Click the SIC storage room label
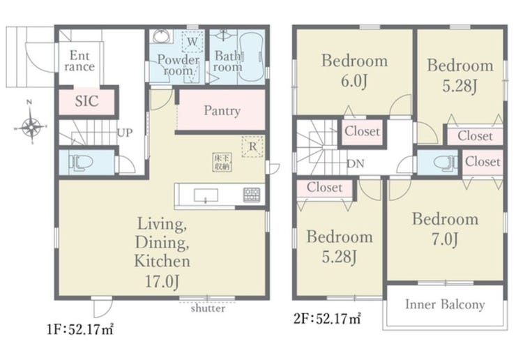click(86, 100)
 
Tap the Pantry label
click(222, 111)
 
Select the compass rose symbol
click(31, 126)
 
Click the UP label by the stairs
click(125, 133)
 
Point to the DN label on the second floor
click(356, 163)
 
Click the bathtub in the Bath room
click(251, 57)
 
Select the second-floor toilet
click(445, 163)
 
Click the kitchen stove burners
click(252, 195)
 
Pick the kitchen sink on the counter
click(206, 195)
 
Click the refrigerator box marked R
click(252, 147)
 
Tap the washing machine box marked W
click(192, 42)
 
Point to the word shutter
click(208, 308)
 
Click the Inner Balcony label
click(445, 304)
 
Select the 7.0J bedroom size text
click(445, 239)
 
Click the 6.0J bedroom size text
click(354, 81)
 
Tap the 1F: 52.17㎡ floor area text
click(81, 329)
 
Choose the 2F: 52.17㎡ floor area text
click(327, 319)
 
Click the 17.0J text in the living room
click(162, 282)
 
